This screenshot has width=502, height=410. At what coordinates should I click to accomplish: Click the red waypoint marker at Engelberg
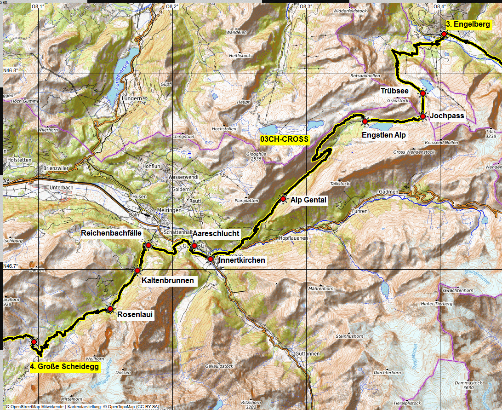click(x=444, y=34)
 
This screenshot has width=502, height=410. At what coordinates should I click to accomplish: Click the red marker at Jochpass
click(x=422, y=117)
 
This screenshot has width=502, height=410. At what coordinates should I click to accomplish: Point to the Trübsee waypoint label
click(x=394, y=91)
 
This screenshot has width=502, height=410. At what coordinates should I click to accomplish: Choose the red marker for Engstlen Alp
click(x=365, y=121)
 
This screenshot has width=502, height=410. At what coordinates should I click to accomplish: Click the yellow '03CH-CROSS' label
click(x=284, y=139)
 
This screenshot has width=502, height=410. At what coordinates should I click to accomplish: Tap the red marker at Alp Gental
click(x=283, y=199)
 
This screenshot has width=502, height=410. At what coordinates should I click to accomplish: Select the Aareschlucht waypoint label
click(x=216, y=233)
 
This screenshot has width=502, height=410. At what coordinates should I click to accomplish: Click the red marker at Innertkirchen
click(x=210, y=260)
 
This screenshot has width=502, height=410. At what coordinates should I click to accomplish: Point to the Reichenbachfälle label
click(x=111, y=233)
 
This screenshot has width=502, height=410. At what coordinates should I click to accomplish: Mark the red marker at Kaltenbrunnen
click(x=137, y=270)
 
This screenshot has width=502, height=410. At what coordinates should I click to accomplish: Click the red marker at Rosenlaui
click(x=110, y=309)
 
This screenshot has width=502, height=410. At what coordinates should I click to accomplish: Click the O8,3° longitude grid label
click(x=306, y=6)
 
